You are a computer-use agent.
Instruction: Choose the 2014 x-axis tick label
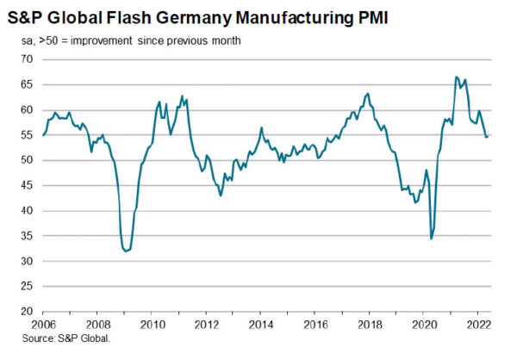pos(260,325)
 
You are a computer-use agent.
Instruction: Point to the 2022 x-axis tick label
pos(477,325)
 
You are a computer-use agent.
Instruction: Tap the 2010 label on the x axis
pos(152,325)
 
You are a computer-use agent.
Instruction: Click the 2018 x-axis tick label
pos(369,325)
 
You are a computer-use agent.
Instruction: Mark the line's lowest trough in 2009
pos(127,251)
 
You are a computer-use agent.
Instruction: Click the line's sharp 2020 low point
pos(431,239)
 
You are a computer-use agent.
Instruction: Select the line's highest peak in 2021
pos(456,78)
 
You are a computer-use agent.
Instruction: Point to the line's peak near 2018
pos(368,93)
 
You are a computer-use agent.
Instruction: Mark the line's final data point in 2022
pos(488,135)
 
